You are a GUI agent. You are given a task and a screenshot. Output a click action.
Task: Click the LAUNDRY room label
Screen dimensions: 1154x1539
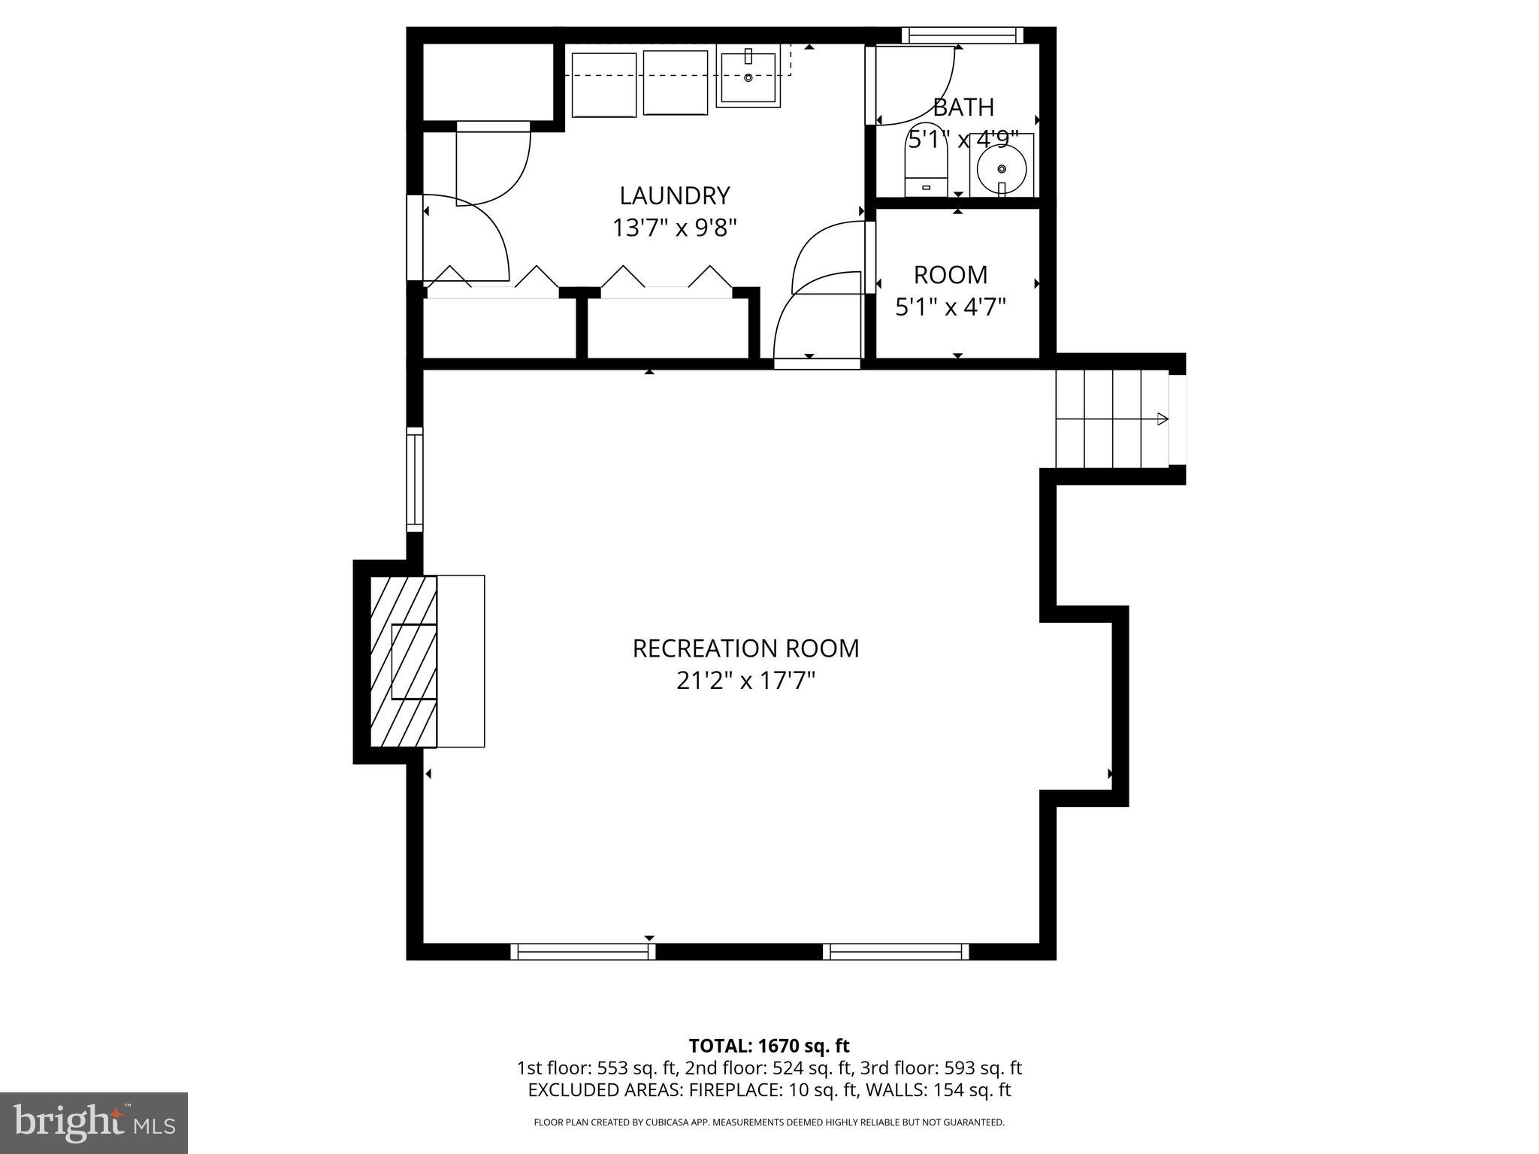click(x=674, y=196)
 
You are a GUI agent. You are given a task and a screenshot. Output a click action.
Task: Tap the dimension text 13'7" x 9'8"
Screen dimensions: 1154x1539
click(x=674, y=228)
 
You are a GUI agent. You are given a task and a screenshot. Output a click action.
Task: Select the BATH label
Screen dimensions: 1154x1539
click(x=963, y=107)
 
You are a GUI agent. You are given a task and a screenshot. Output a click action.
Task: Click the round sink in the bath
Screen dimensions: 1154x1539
click(x=1001, y=168)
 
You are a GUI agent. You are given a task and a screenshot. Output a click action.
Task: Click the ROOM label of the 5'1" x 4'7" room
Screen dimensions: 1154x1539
click(x=951, y=275)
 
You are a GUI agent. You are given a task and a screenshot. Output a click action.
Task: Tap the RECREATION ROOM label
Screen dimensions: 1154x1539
click(x=745, y=648)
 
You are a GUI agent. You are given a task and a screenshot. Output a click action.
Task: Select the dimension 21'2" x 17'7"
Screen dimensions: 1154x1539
click(x=745, y=681)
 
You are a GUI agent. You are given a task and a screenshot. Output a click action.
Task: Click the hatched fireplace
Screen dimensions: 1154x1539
click(x=404, y=661)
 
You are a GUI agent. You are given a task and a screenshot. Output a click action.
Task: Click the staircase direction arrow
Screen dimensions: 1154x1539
click(x=1161, y=418)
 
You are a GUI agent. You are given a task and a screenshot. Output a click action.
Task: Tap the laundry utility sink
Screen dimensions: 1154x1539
click(x=748, y=75)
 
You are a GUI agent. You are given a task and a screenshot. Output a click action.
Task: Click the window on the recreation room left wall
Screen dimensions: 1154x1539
click(x=414, y=479)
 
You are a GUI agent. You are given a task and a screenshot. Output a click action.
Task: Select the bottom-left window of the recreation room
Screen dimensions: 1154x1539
click(x=582, y=952)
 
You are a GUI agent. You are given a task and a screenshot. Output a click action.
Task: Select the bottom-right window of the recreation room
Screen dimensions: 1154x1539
click(x=896, y=952)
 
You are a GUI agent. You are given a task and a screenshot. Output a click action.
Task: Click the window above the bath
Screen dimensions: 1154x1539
click(x=962, y=35)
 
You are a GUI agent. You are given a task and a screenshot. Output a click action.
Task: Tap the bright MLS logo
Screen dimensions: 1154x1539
click(x=94, y=1122)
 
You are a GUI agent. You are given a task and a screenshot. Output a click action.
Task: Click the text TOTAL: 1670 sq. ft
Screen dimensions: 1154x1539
click(x=769, y=1046)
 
